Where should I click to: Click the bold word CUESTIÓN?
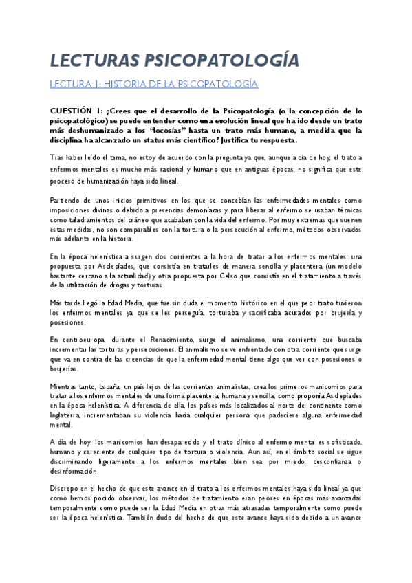coord(74,110)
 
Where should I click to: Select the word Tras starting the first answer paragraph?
coord(59,157)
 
